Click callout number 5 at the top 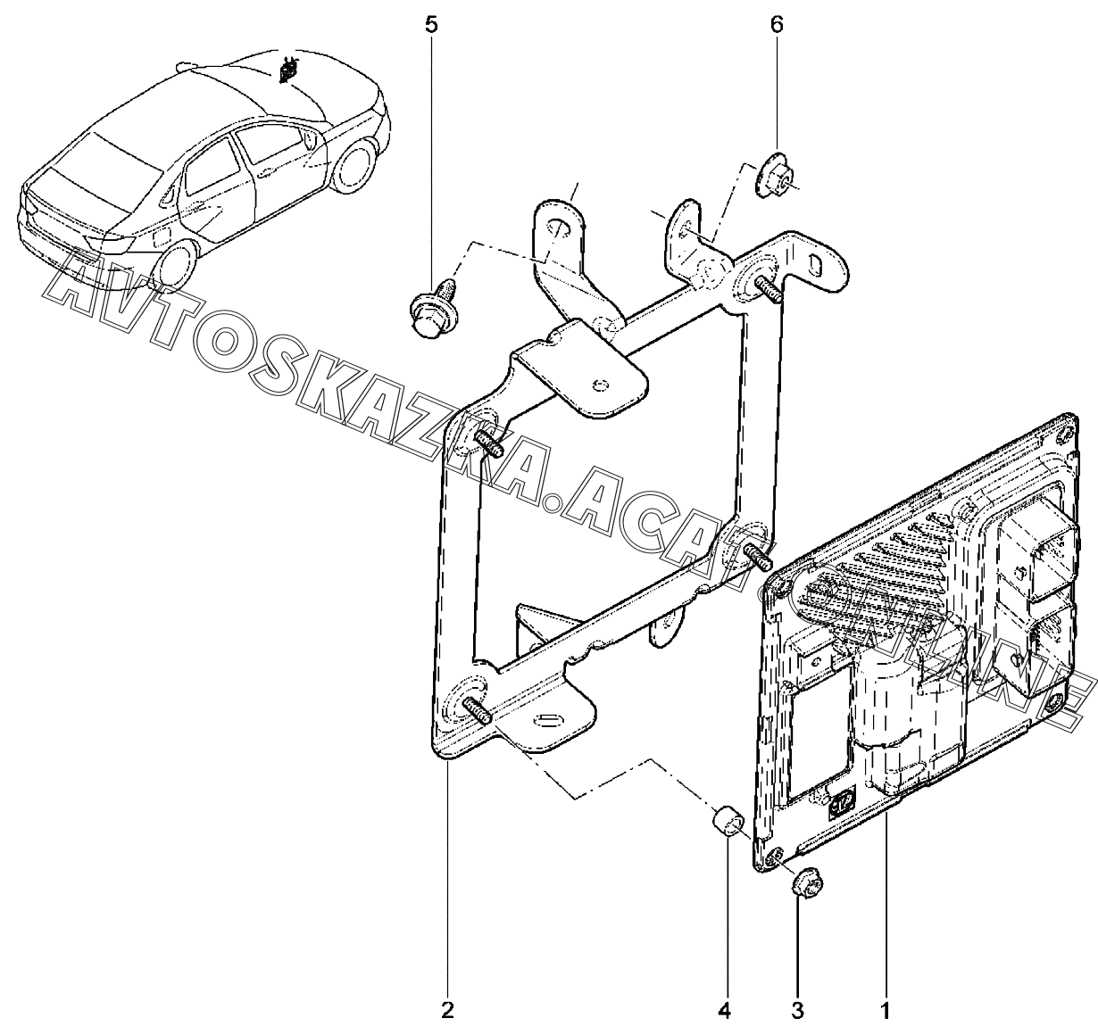click(431, 24)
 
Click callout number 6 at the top click(776, 24)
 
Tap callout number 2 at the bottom click(447, 1011)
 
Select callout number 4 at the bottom click(724, 1011)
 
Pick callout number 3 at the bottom click(797, 1011)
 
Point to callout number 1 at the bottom click(885, 1011)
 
